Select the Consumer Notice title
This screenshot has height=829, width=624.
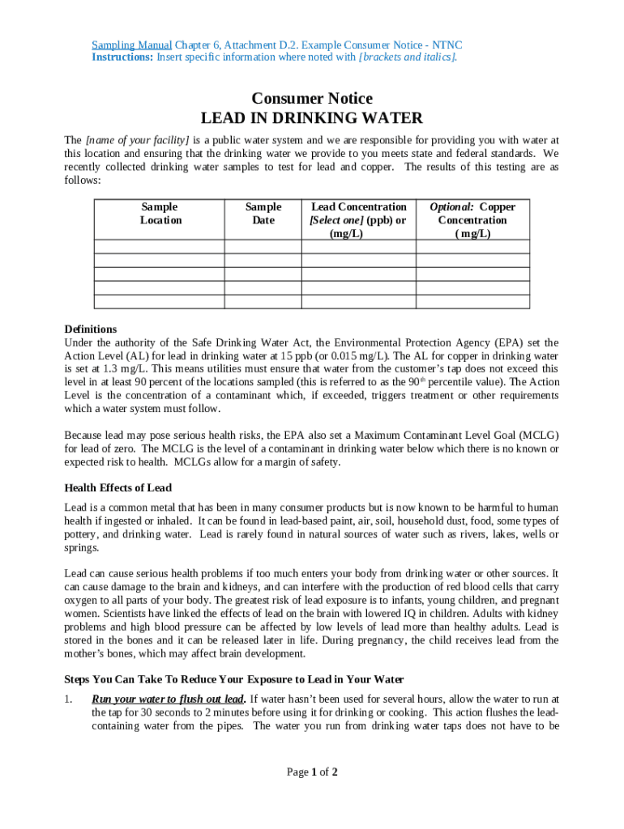tap(312, 99)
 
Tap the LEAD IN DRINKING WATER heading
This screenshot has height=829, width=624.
tap(312, 118)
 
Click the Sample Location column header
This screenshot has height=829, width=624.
tap(160, 214)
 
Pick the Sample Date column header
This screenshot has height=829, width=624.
tap(263, 214)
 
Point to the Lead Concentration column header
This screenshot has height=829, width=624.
tap(357, 220)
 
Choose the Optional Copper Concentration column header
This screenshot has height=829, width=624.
tap(472, 220)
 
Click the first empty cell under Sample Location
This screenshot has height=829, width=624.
tap(160, 247)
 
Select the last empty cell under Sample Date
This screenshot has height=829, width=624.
tap(263, 302)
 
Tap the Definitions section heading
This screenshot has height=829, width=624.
tap(91, 329)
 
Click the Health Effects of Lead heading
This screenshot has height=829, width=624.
tap(118, 488)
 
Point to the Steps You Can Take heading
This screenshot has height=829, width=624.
tap(233, 679)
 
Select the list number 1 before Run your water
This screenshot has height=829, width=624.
tap(68, 699)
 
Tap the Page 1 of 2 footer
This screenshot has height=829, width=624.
tap(312, 772)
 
